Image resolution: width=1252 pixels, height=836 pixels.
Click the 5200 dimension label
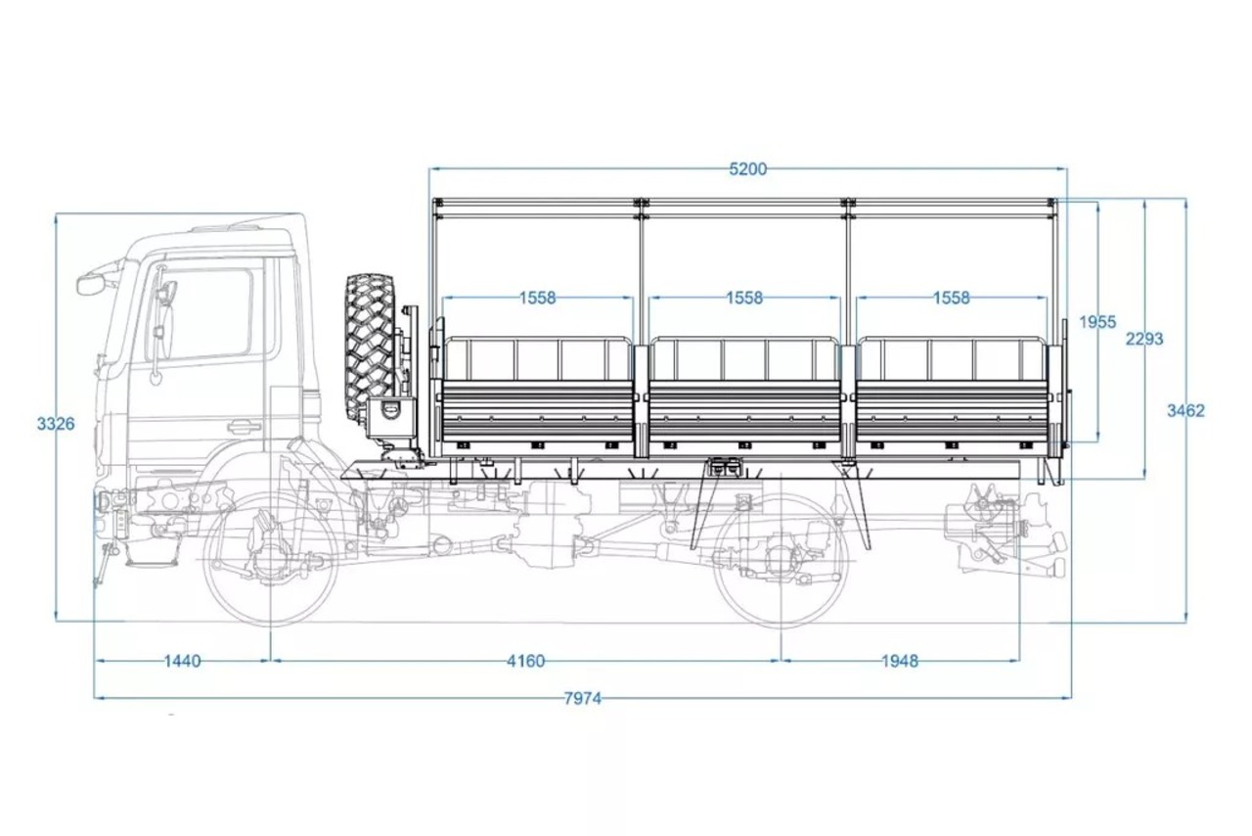point(748,168)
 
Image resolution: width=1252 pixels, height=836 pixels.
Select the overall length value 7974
point(582,698)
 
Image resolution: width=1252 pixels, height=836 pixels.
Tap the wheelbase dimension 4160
point(525,662)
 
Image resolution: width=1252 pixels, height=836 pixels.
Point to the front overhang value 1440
point(182,662)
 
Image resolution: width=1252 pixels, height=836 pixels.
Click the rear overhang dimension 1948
point(900,662)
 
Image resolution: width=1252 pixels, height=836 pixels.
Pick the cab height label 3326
point(56,424)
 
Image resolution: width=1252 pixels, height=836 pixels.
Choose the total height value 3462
point(1185,411)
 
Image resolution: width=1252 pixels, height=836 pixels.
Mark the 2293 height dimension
point(1144,339)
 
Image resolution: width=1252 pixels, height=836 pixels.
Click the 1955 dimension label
point(1097,322)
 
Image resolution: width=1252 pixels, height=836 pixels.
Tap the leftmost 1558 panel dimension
point(538,298)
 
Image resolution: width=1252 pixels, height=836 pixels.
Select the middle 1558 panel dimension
point(744,298)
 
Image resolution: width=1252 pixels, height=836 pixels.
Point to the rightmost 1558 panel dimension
point(952,298)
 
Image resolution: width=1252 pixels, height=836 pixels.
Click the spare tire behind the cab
point(371,347)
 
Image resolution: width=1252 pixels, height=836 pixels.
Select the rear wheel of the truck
point(781,560)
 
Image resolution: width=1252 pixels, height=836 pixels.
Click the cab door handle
point(244,427)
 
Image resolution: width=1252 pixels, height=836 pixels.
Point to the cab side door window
point(202,314)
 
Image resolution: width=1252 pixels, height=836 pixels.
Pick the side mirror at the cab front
point(91,285)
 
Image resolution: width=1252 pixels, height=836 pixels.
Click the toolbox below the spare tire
point(391,418)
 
